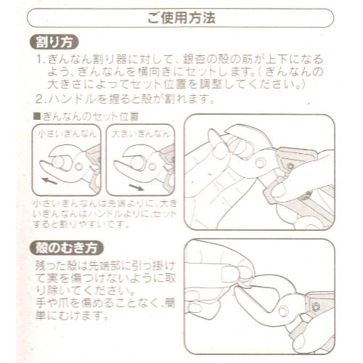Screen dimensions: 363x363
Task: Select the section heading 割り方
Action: [x=59, y=41]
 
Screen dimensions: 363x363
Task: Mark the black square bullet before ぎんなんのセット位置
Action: [x=38, y=116]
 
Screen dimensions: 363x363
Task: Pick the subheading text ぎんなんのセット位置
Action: [x=90, y=116]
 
